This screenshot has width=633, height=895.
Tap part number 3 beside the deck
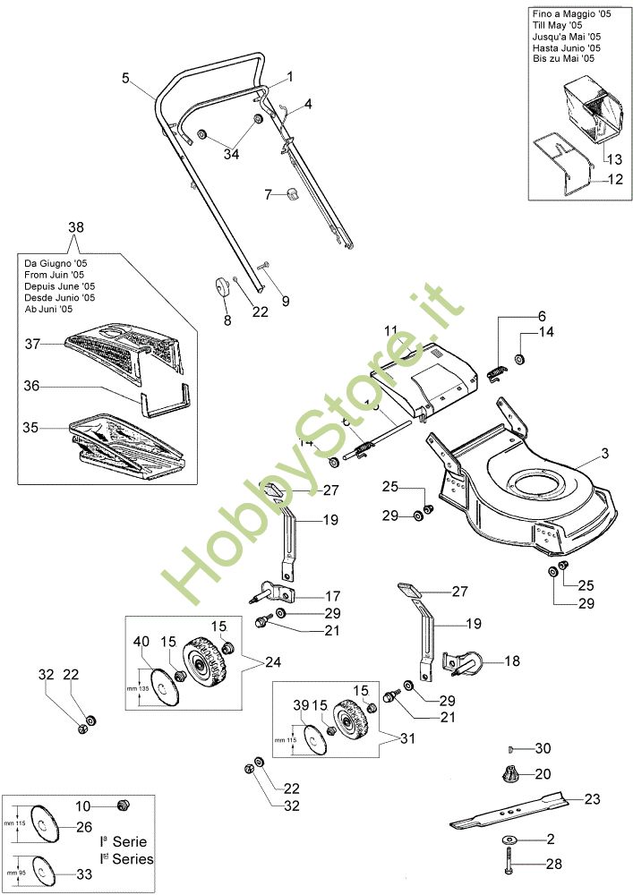pos(604,455)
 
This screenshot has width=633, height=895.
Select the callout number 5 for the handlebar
pos(126,78)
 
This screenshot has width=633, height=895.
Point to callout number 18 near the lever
pos(512,661)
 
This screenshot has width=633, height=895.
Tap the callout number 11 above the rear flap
pos(390,330)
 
